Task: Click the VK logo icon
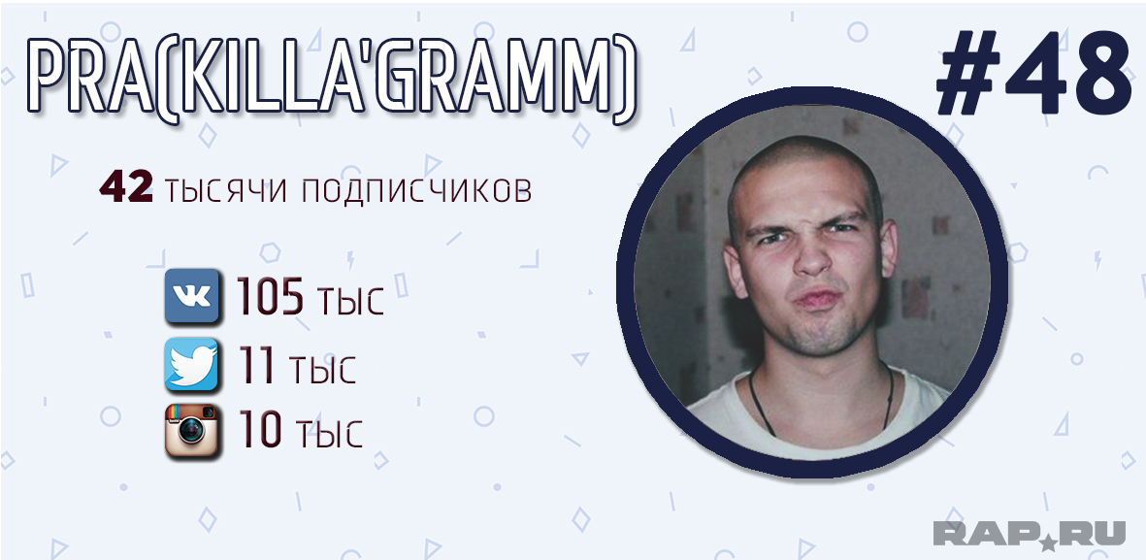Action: [x=191, y=296]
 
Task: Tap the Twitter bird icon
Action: [x=191, y=364]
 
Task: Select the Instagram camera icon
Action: [x=191, y=431]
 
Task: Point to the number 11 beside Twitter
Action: [x=257, y=366]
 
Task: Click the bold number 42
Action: [x=126, y=188]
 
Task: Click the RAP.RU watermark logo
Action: [x=1029, y=533]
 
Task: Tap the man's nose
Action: [x=813, y=256]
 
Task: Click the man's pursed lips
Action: [x=817, y=299]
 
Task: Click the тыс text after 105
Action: [x=350, y=301]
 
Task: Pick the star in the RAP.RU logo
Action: [x=1048, y=542]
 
